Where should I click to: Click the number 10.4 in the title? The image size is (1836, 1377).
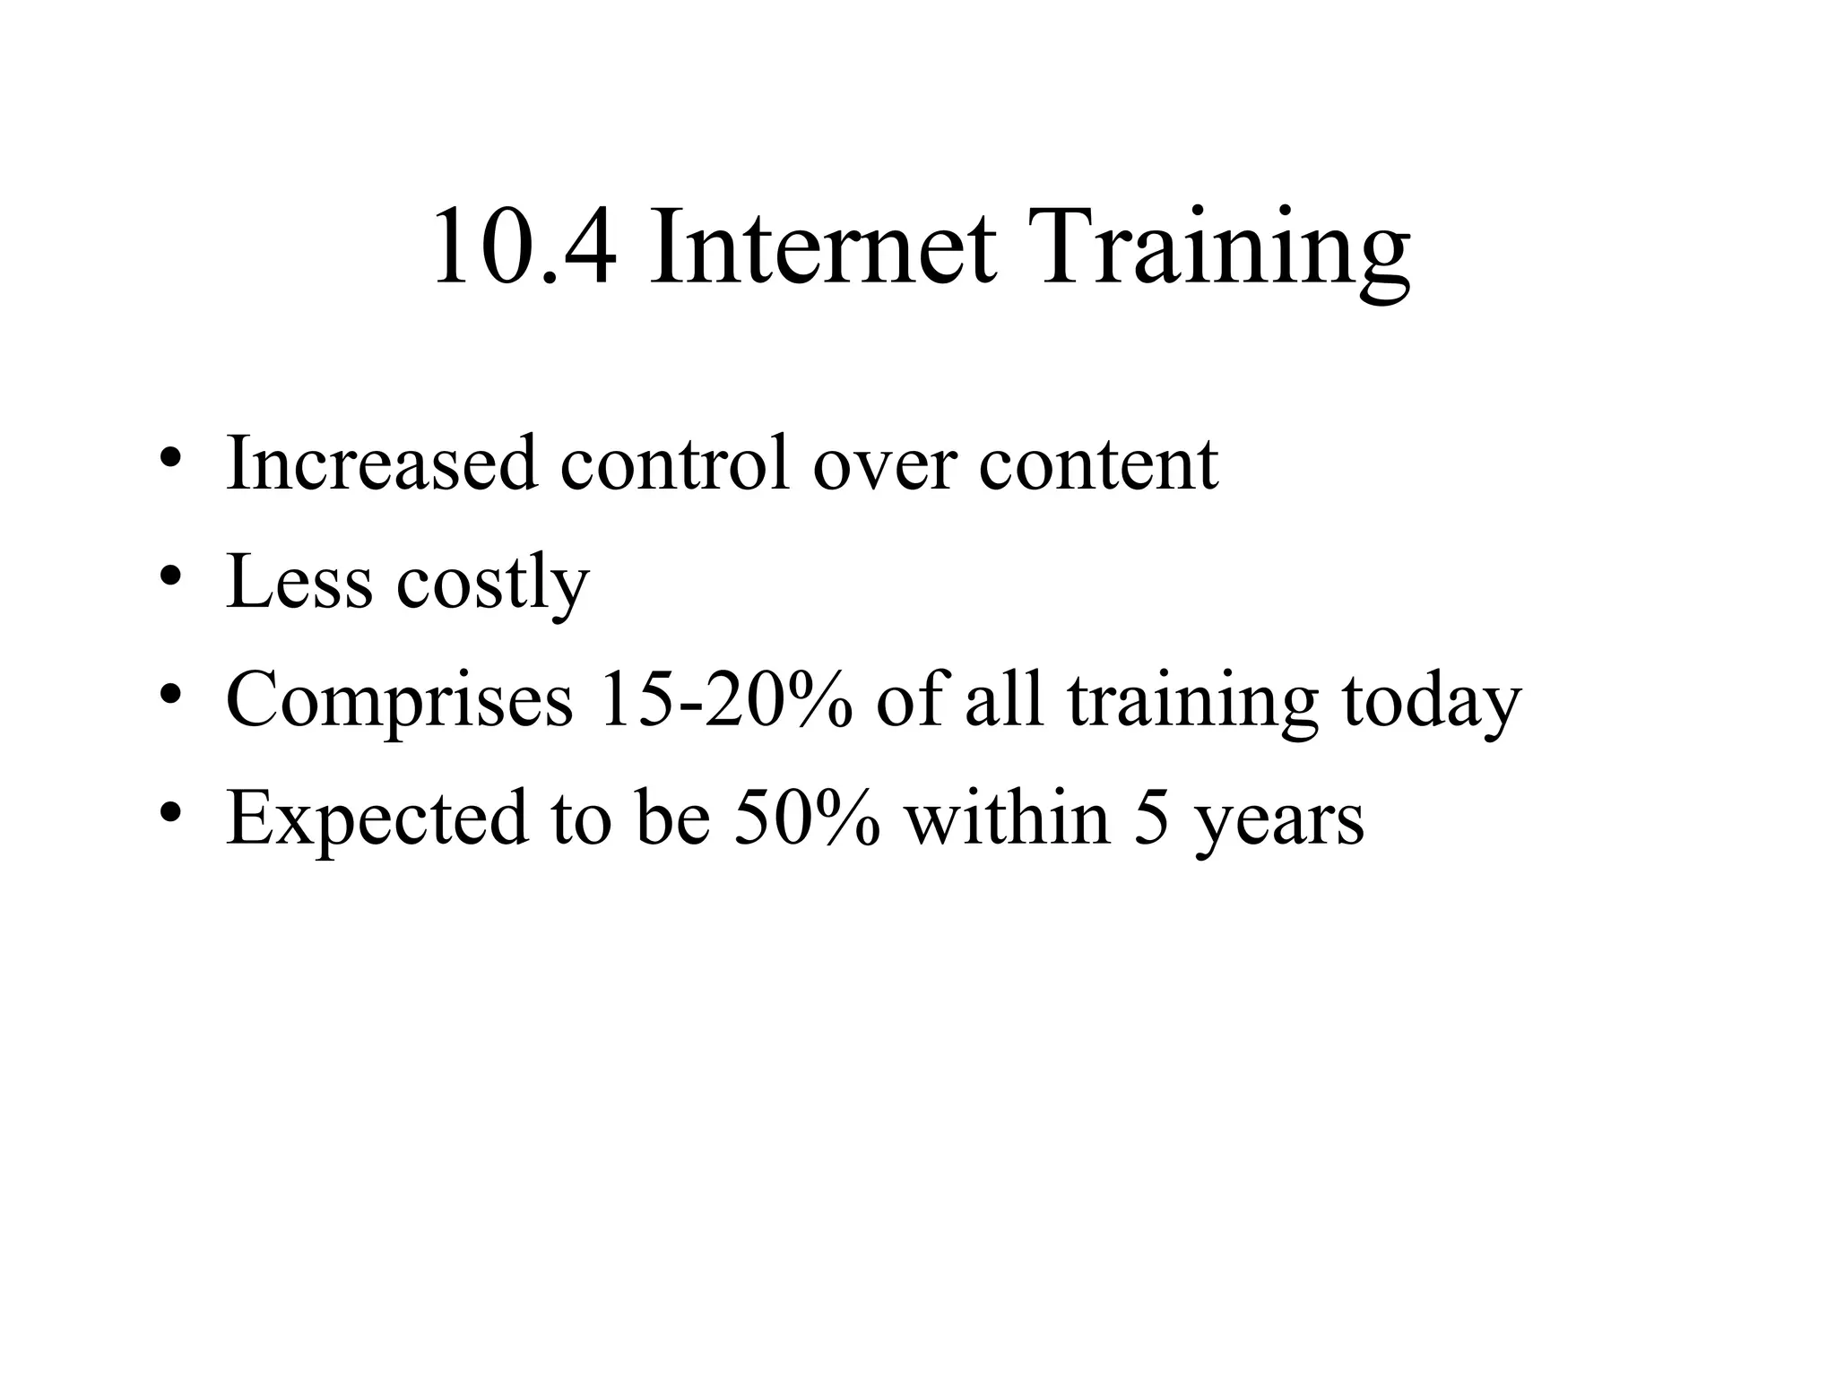tap(524, 247)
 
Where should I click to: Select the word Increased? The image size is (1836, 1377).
tap(382, 463)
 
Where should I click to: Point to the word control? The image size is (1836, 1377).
tap(676, 463)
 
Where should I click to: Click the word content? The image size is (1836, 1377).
tap(1098, 465)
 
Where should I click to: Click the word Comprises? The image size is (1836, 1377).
tap(399, 702)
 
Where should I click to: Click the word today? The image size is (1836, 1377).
tap(1432, 702)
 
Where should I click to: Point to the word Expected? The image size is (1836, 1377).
tap(377, 820)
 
